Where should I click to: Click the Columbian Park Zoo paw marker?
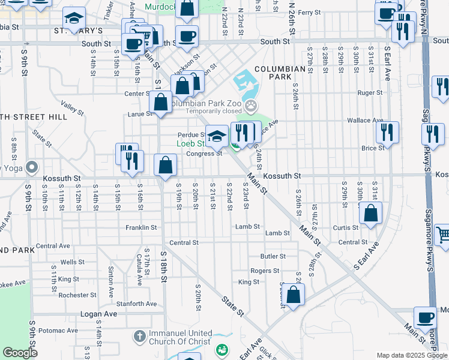[251, 106]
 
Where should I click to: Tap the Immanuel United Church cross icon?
[139, 337]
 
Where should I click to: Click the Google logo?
[20, 353]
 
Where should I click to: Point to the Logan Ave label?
[98, 314]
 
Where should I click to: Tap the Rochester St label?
[77, 295]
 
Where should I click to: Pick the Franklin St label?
[141, 228]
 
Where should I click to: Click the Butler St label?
[273, 256]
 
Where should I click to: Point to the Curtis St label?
[346, 227]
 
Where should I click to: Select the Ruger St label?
[370, 93]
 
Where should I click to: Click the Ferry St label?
[310, 13]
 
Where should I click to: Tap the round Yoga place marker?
[32, 167]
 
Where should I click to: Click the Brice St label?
[373, 148]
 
